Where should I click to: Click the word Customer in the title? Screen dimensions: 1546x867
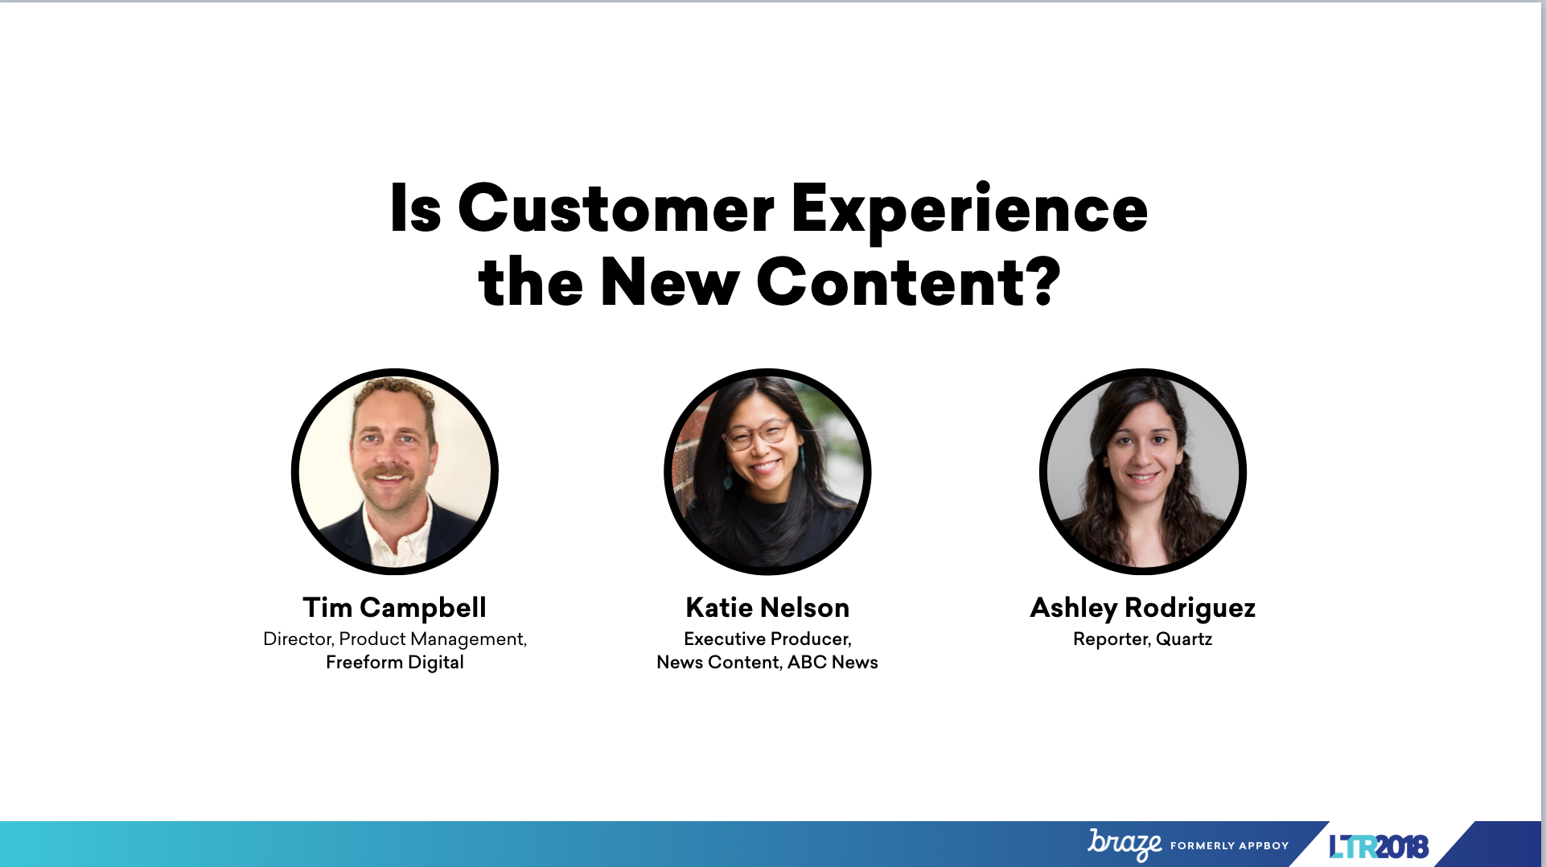coord(615,208)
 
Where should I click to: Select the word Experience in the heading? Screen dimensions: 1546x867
coord(969,211)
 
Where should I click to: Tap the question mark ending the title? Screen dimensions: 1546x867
coord(1043,281)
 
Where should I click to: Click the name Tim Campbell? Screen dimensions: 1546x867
coord(394,608)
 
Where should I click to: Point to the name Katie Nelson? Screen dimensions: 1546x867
coord(767,607)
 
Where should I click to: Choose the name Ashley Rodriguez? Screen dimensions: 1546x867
coord(1142,608)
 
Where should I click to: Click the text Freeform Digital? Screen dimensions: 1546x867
coord(395,663)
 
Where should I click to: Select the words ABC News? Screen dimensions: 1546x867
coord(833,662)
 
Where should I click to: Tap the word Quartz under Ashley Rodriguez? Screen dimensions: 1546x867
coord(1184,639)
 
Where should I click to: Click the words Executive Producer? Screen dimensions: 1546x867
coord(767,639)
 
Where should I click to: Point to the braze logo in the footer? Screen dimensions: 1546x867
coord(1125,844)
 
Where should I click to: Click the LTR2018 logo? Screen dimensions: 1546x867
coord(1379,846)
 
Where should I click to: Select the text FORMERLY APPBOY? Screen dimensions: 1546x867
coord(1229,845)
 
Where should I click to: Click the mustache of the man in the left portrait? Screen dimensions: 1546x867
coord(389,471)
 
